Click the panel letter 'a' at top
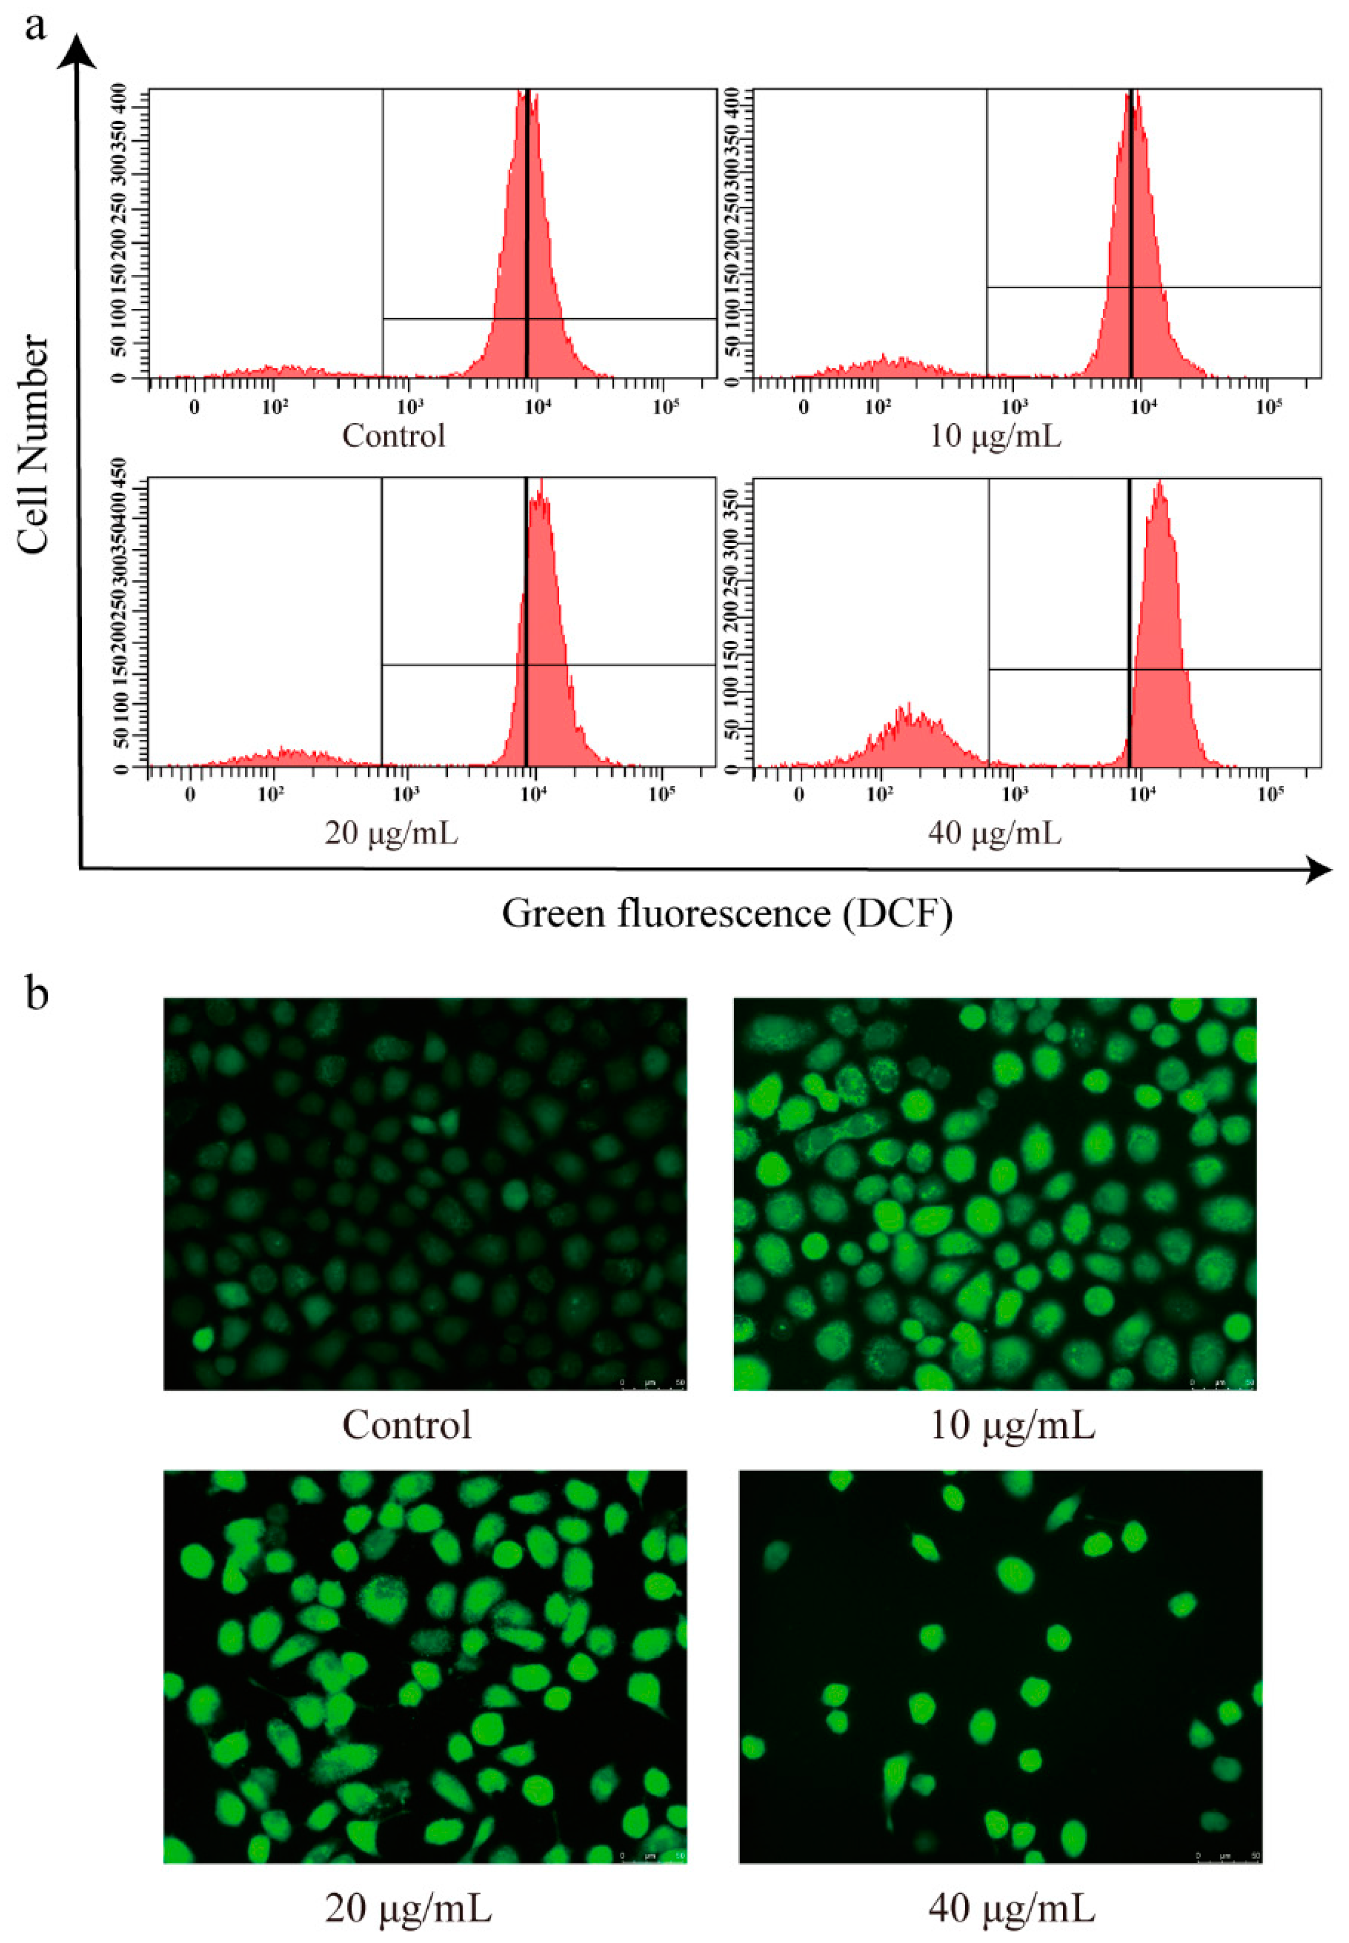[35, 27]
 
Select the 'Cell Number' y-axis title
[34, 443]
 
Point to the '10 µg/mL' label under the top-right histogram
[995, 436]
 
